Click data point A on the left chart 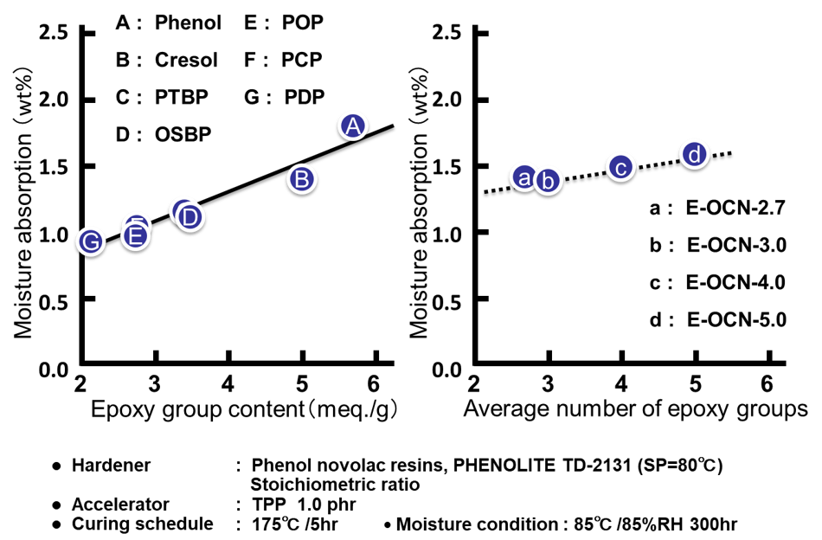coord(351,126)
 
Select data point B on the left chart coord(301,179)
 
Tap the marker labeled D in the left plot coord(190,216)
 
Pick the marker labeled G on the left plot coord(91,241)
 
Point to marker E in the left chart coord(134,235)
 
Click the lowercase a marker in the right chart coord(523,177)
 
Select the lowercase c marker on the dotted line coord(620,168)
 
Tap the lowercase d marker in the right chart coord(695,154)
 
